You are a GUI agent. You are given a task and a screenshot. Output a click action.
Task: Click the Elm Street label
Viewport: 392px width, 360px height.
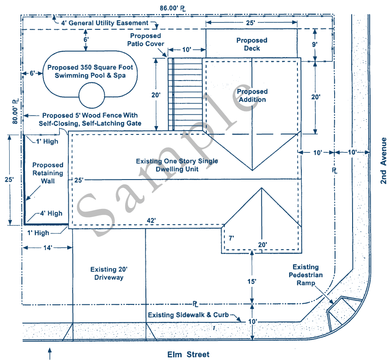[189, 354]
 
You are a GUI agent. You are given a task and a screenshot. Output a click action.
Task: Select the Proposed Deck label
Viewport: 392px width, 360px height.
[252, 44]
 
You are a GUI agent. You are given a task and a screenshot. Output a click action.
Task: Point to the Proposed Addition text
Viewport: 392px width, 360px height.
[252, 95]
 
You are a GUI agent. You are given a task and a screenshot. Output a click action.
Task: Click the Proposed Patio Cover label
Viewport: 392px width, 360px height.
[146, 39]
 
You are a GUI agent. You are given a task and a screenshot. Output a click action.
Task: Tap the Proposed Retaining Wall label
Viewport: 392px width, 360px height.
[48, 173]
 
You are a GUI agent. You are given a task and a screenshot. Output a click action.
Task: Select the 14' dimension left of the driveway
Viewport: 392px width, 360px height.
[48, 247]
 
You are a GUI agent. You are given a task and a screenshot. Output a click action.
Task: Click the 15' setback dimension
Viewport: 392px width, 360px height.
[252, 281]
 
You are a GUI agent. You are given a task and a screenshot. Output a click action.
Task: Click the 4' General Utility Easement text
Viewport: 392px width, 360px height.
[105, 22]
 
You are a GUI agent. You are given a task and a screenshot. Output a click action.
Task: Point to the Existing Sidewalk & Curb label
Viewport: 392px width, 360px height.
[188, 315]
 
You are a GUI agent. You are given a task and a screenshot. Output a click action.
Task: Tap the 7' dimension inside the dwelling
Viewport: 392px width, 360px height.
[231, 238]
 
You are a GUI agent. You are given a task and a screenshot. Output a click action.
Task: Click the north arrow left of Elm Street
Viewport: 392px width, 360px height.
[50, 353]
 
